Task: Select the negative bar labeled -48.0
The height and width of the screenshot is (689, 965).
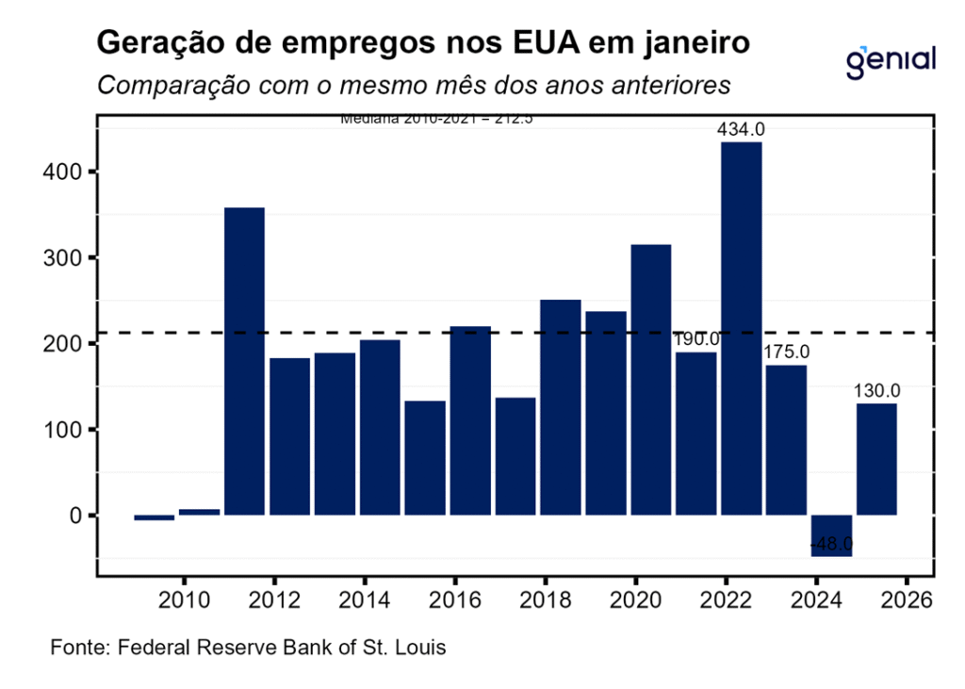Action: (x=831, y=534)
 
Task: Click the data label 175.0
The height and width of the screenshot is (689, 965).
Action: (x=786, y=353)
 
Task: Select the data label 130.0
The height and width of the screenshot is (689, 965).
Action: (x=877, y=390)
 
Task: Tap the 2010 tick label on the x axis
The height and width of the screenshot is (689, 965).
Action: (x=184, y=600)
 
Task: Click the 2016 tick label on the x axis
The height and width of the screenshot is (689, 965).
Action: (x=455, y=600)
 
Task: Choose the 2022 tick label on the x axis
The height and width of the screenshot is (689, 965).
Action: (x=726, y=600)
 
